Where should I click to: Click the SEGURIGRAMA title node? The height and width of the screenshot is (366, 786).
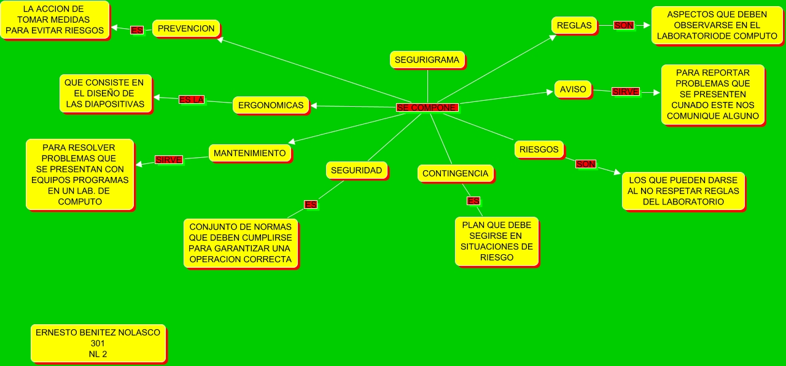click(x=427, y=60)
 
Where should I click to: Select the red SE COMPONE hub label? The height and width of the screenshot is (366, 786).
click(x=427, y=107)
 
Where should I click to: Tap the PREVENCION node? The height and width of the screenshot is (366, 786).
click(x=186, y=28)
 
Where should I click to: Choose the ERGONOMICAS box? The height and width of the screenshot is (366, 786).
click(x=271, y=105)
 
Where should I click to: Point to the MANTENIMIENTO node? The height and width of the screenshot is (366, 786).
click(x=249, y=153)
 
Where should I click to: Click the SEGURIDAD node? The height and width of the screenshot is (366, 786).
click(x=356, y=170)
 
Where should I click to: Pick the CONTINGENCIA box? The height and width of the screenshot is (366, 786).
click(x=455, y=173)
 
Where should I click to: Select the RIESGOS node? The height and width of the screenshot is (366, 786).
click(x=539, y=149)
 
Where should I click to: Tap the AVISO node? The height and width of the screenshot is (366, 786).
click(x=574, y=89)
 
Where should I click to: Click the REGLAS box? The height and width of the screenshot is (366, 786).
click(x=574, y=25)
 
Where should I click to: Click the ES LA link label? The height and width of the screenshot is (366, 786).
click(x=191, y=99)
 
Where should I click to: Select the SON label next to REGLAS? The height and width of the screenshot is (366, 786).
click(x=624, y=25)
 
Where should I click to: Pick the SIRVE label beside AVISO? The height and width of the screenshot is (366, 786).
click(x=626, y=91)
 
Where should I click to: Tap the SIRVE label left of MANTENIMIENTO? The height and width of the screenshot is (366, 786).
click(x=168, y=160)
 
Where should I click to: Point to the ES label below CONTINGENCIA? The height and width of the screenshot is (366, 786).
click(x=473, y=201)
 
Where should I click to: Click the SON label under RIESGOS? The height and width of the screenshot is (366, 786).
click(x=585, y=164)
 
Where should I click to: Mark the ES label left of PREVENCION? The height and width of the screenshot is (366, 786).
click(x=136, y=29)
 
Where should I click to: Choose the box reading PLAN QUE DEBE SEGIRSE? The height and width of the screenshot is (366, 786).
click(x=496, y=241)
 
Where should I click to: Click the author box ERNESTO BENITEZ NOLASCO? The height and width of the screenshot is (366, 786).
click(x=98, y=343)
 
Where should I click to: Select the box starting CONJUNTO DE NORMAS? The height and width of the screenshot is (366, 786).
click(x=240, y=243)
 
